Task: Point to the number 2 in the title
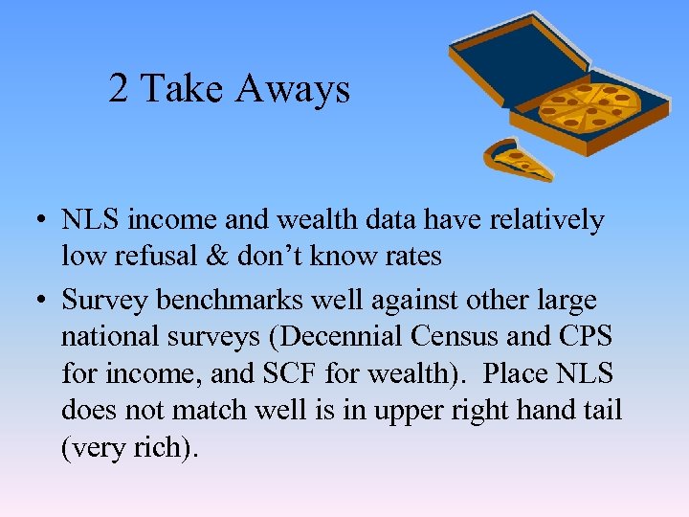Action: tap(119, 89)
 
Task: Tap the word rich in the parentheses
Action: tap(155, 447)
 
